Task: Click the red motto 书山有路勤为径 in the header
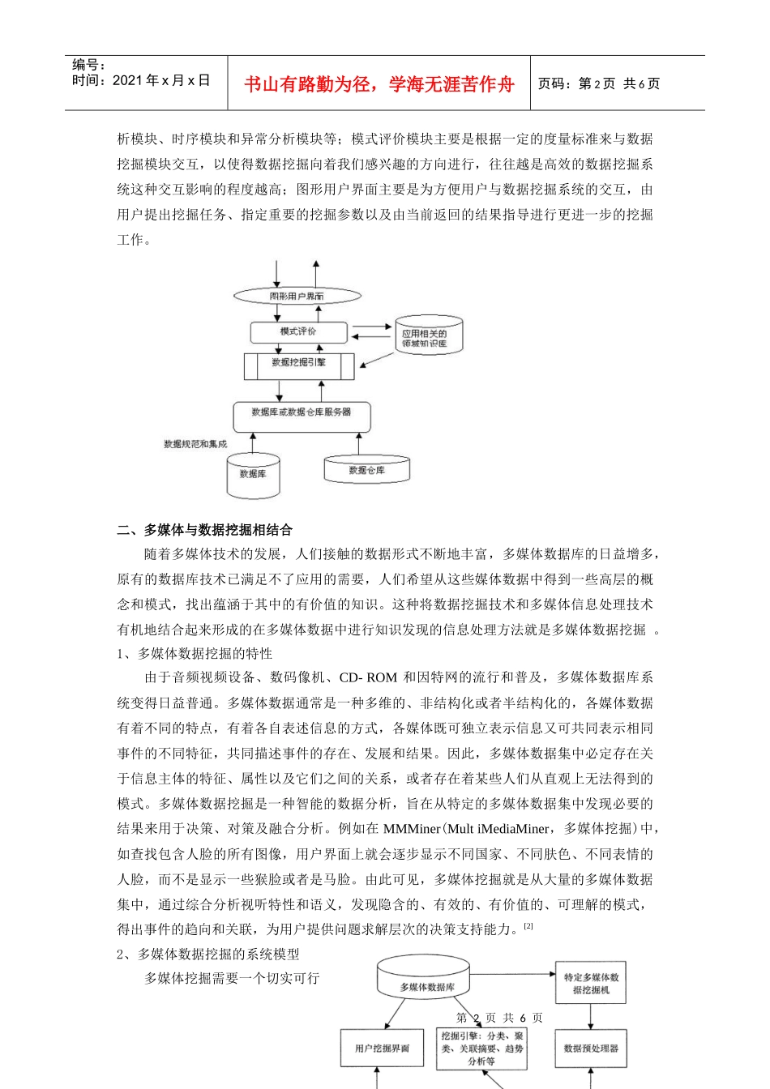click(379, 84)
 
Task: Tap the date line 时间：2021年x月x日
click(141, 80)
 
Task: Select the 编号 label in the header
click(89, 65)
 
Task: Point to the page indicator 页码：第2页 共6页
click(598, 83)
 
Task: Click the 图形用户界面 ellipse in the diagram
click(297, 296)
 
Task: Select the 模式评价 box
click(298, 331)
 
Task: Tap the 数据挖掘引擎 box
click(298, 364)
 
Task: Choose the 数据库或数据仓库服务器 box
click(301, 413)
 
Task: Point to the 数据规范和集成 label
click(195, 444)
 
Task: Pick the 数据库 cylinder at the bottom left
click(253, 474)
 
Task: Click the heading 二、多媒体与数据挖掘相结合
click(204, 530)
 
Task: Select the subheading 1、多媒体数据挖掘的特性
click(195, 654)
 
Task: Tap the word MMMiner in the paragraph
click(411, 829)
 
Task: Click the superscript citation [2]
click(528, 926)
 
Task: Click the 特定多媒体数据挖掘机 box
click(590, 984)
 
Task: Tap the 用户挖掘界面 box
click(382, 1048)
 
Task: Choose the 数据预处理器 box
click(590, 1048)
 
